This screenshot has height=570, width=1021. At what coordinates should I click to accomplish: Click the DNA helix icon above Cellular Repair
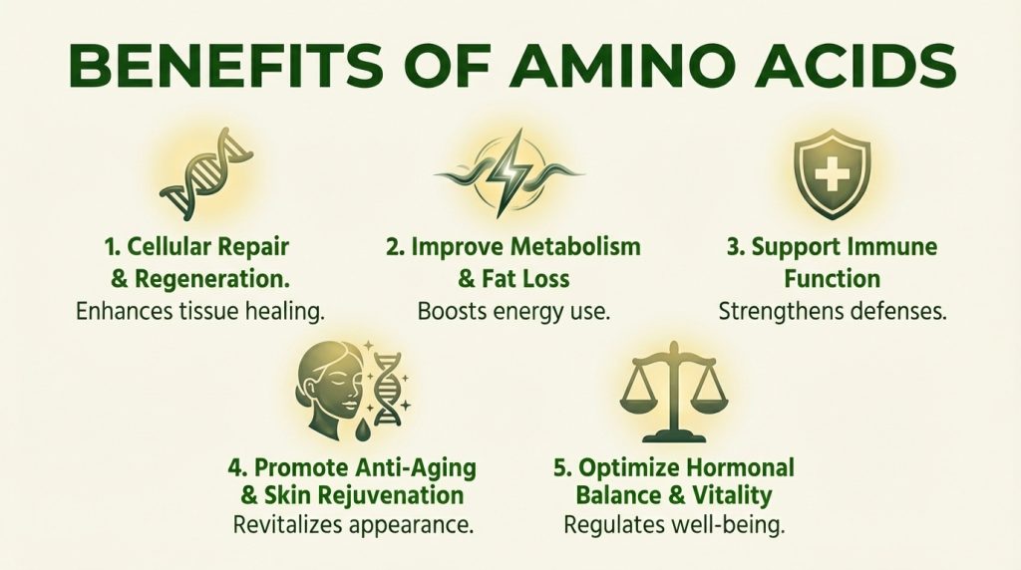(206, 173)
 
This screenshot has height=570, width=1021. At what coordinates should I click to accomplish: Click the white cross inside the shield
(833, 172)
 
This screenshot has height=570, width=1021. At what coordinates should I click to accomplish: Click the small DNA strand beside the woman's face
(387, 388)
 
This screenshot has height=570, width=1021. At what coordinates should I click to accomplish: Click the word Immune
(894, 247)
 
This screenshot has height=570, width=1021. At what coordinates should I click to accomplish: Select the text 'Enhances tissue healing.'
(200, 311)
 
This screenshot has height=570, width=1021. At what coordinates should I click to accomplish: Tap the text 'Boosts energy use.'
(513, 311)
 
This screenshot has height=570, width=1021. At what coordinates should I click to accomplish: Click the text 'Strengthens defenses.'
(833, 311)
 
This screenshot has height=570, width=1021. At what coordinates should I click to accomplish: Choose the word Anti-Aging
(417, 467)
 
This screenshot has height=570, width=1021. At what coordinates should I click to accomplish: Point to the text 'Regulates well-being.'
(674, 524)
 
